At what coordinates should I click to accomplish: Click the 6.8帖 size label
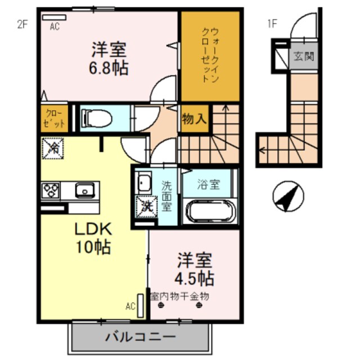click(x=110, y=69)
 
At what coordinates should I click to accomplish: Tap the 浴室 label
click(x=209, y=184)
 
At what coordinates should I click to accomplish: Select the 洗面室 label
click(x=167, y=195)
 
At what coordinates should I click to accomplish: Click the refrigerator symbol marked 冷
click(x=53, y=149)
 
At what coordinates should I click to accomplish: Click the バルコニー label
click(x=140, y=337)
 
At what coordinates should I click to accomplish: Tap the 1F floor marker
click(x=272, y=24)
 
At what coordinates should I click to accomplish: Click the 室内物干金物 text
click(x=179, y=296)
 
